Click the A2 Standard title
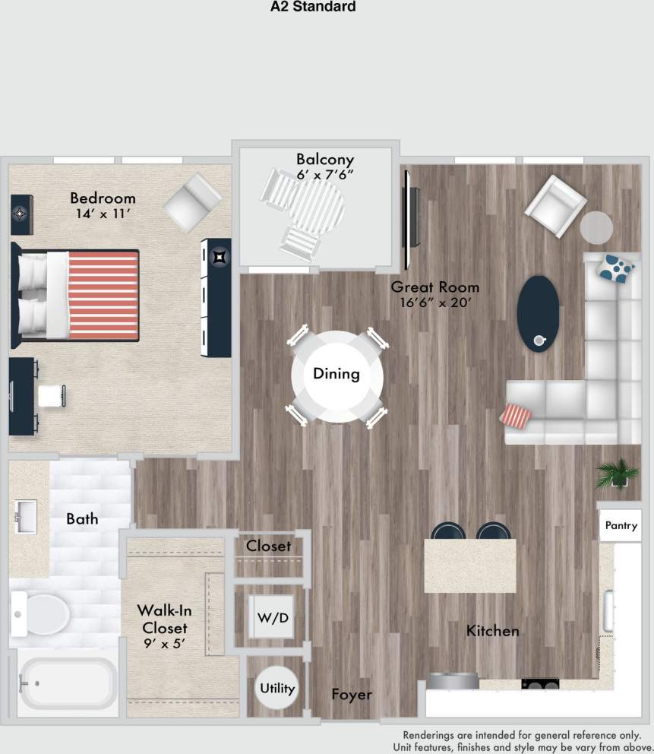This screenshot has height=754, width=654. coord(313,8)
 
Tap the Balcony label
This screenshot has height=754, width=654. coord(325,160)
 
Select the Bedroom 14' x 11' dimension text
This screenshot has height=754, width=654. coord(103,214)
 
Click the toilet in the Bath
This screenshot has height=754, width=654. coord(43,613)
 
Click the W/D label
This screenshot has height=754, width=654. coord(273,617)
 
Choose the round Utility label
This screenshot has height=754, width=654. coord(277,689)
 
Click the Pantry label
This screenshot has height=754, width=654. coord(620,526)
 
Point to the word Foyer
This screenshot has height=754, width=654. coord(352,695)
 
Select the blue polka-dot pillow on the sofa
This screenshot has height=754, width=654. coord(616,268)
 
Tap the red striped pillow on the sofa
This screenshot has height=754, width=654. coord(516,416)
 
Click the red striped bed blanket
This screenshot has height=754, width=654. coord(103,296)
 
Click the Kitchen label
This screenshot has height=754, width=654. coord(492,631)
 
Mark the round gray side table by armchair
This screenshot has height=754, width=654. coord(596,227)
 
